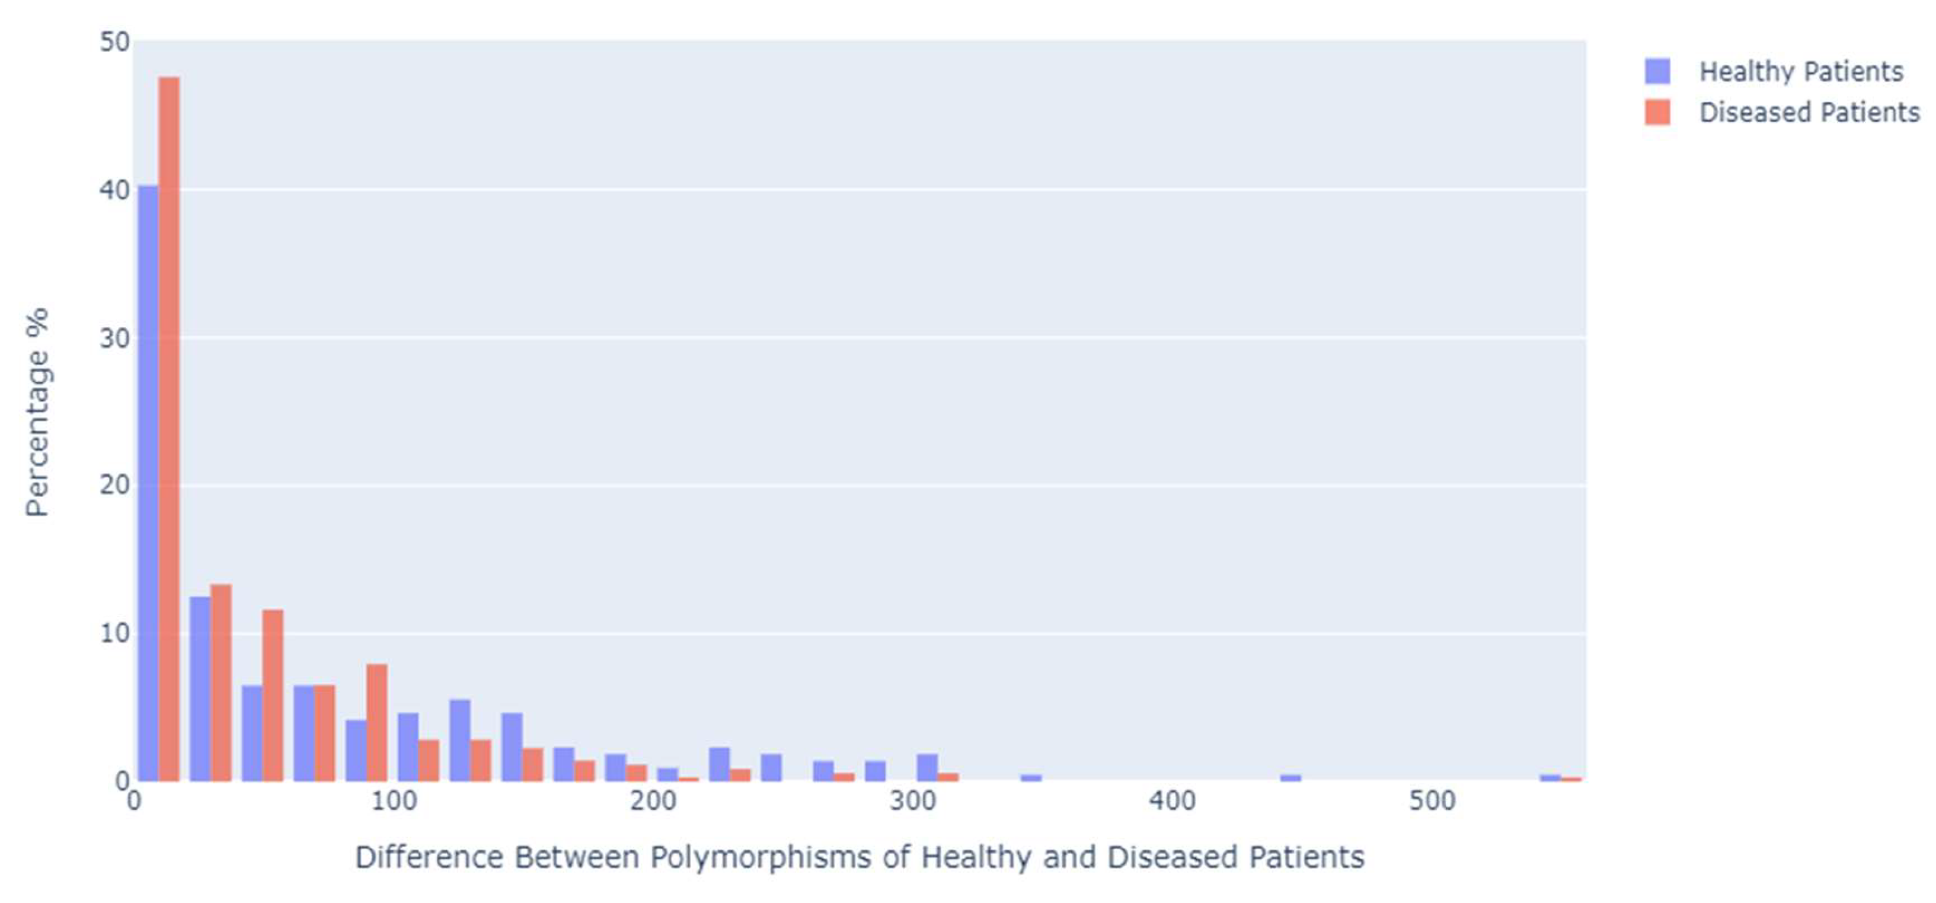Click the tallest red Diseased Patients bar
[x=169, y=429]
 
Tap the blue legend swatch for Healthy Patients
[x=1657, y=71]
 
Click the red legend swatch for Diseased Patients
[x=1657, y=112]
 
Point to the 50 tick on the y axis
[x=115, y=42]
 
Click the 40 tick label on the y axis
[x=115, y=190]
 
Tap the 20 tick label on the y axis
[x=115, y=485]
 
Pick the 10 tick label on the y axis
[x=115, y=633]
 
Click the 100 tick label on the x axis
[x=394, y=802]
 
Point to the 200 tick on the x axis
[x=653, y=802]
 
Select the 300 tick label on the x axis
[x=912, y=802]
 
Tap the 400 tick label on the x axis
[x=1172, y=802]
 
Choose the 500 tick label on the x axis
[x=1432, y=802]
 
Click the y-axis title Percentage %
[x=37, y=411]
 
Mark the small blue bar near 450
[x=1290, y=778]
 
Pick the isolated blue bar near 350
[x=1031, y=778]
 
